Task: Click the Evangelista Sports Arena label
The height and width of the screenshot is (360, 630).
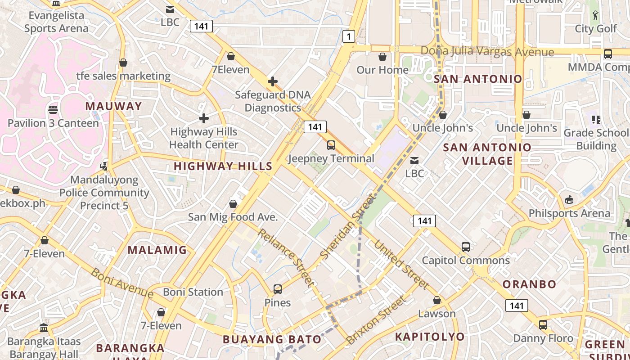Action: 56,22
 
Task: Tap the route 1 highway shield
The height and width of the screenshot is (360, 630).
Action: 349,36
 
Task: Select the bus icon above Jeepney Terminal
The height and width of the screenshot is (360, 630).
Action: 331,145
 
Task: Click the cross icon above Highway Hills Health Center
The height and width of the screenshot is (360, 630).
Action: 204,118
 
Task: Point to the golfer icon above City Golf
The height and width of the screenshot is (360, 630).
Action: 596,15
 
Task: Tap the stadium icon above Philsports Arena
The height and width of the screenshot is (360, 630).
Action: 569,200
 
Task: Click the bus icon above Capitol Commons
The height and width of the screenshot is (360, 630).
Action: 466,247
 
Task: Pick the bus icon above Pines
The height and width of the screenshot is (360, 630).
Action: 278,289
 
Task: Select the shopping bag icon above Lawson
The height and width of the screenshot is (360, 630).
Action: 437,300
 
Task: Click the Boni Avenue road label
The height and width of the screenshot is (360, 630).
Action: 122,283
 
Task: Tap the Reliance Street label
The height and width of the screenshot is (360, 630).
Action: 285,257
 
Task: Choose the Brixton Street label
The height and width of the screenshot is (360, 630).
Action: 376,320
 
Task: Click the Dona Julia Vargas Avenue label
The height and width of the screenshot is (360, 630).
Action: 487,51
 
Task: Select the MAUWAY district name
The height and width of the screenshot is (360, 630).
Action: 113,106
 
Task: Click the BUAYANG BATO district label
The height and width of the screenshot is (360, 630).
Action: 272,339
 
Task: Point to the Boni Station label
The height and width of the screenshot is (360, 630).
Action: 193,292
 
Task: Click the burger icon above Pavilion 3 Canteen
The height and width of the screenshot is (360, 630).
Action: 53,109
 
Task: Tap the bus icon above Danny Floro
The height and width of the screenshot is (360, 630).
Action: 543,325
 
